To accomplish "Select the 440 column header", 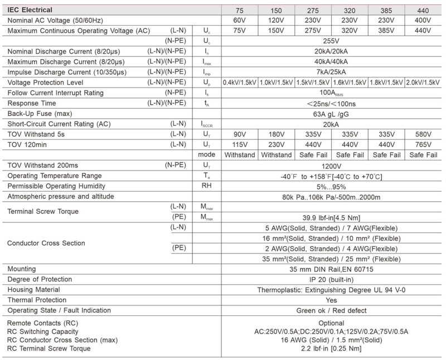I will pos(423,10).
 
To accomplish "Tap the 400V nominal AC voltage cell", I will pos(423,20).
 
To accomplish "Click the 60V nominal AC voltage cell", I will pos(240,20).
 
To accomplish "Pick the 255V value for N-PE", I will pos(332,41).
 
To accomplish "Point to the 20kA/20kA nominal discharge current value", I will pos(332,51).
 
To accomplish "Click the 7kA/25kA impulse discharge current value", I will pos(332,72).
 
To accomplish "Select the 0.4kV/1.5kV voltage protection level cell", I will pos(240,82).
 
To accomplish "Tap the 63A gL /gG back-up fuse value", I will pos(332,113).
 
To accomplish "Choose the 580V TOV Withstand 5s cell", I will pos(423,134).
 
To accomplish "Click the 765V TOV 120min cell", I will pos(423,144).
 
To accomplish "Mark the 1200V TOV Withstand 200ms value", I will pos(332,166).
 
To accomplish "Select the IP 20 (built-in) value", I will pos(332,279).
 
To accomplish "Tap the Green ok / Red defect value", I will pos(332,310).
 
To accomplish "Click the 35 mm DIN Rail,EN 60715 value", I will pos(332,269).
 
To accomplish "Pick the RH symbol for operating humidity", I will pos(207,186).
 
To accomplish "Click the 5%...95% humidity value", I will pos(332,186).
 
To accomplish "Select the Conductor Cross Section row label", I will pos(46,243).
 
